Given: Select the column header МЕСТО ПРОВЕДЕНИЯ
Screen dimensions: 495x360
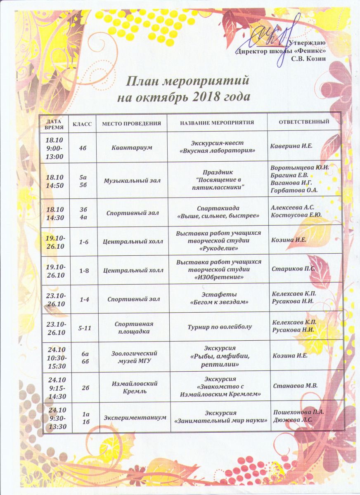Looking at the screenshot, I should [131, 123].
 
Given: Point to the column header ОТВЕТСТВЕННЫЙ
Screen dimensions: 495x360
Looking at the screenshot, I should [304, 122].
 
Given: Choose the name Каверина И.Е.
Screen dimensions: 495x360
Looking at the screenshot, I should [291, 146].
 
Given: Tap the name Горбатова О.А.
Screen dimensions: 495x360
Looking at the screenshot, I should [294, 190].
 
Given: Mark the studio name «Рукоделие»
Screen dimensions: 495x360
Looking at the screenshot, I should [218, 249].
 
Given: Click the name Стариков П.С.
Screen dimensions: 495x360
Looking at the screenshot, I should [293, 269].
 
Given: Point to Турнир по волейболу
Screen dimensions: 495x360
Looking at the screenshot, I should [218, 327].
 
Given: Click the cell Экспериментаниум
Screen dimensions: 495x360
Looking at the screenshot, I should [135, 417].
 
